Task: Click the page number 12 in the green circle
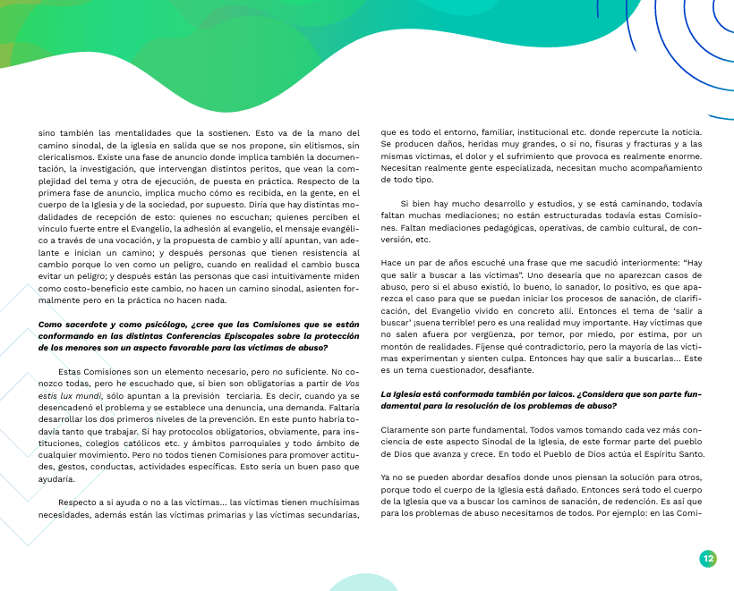coord(707,559)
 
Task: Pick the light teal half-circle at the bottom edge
coord(370,582)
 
